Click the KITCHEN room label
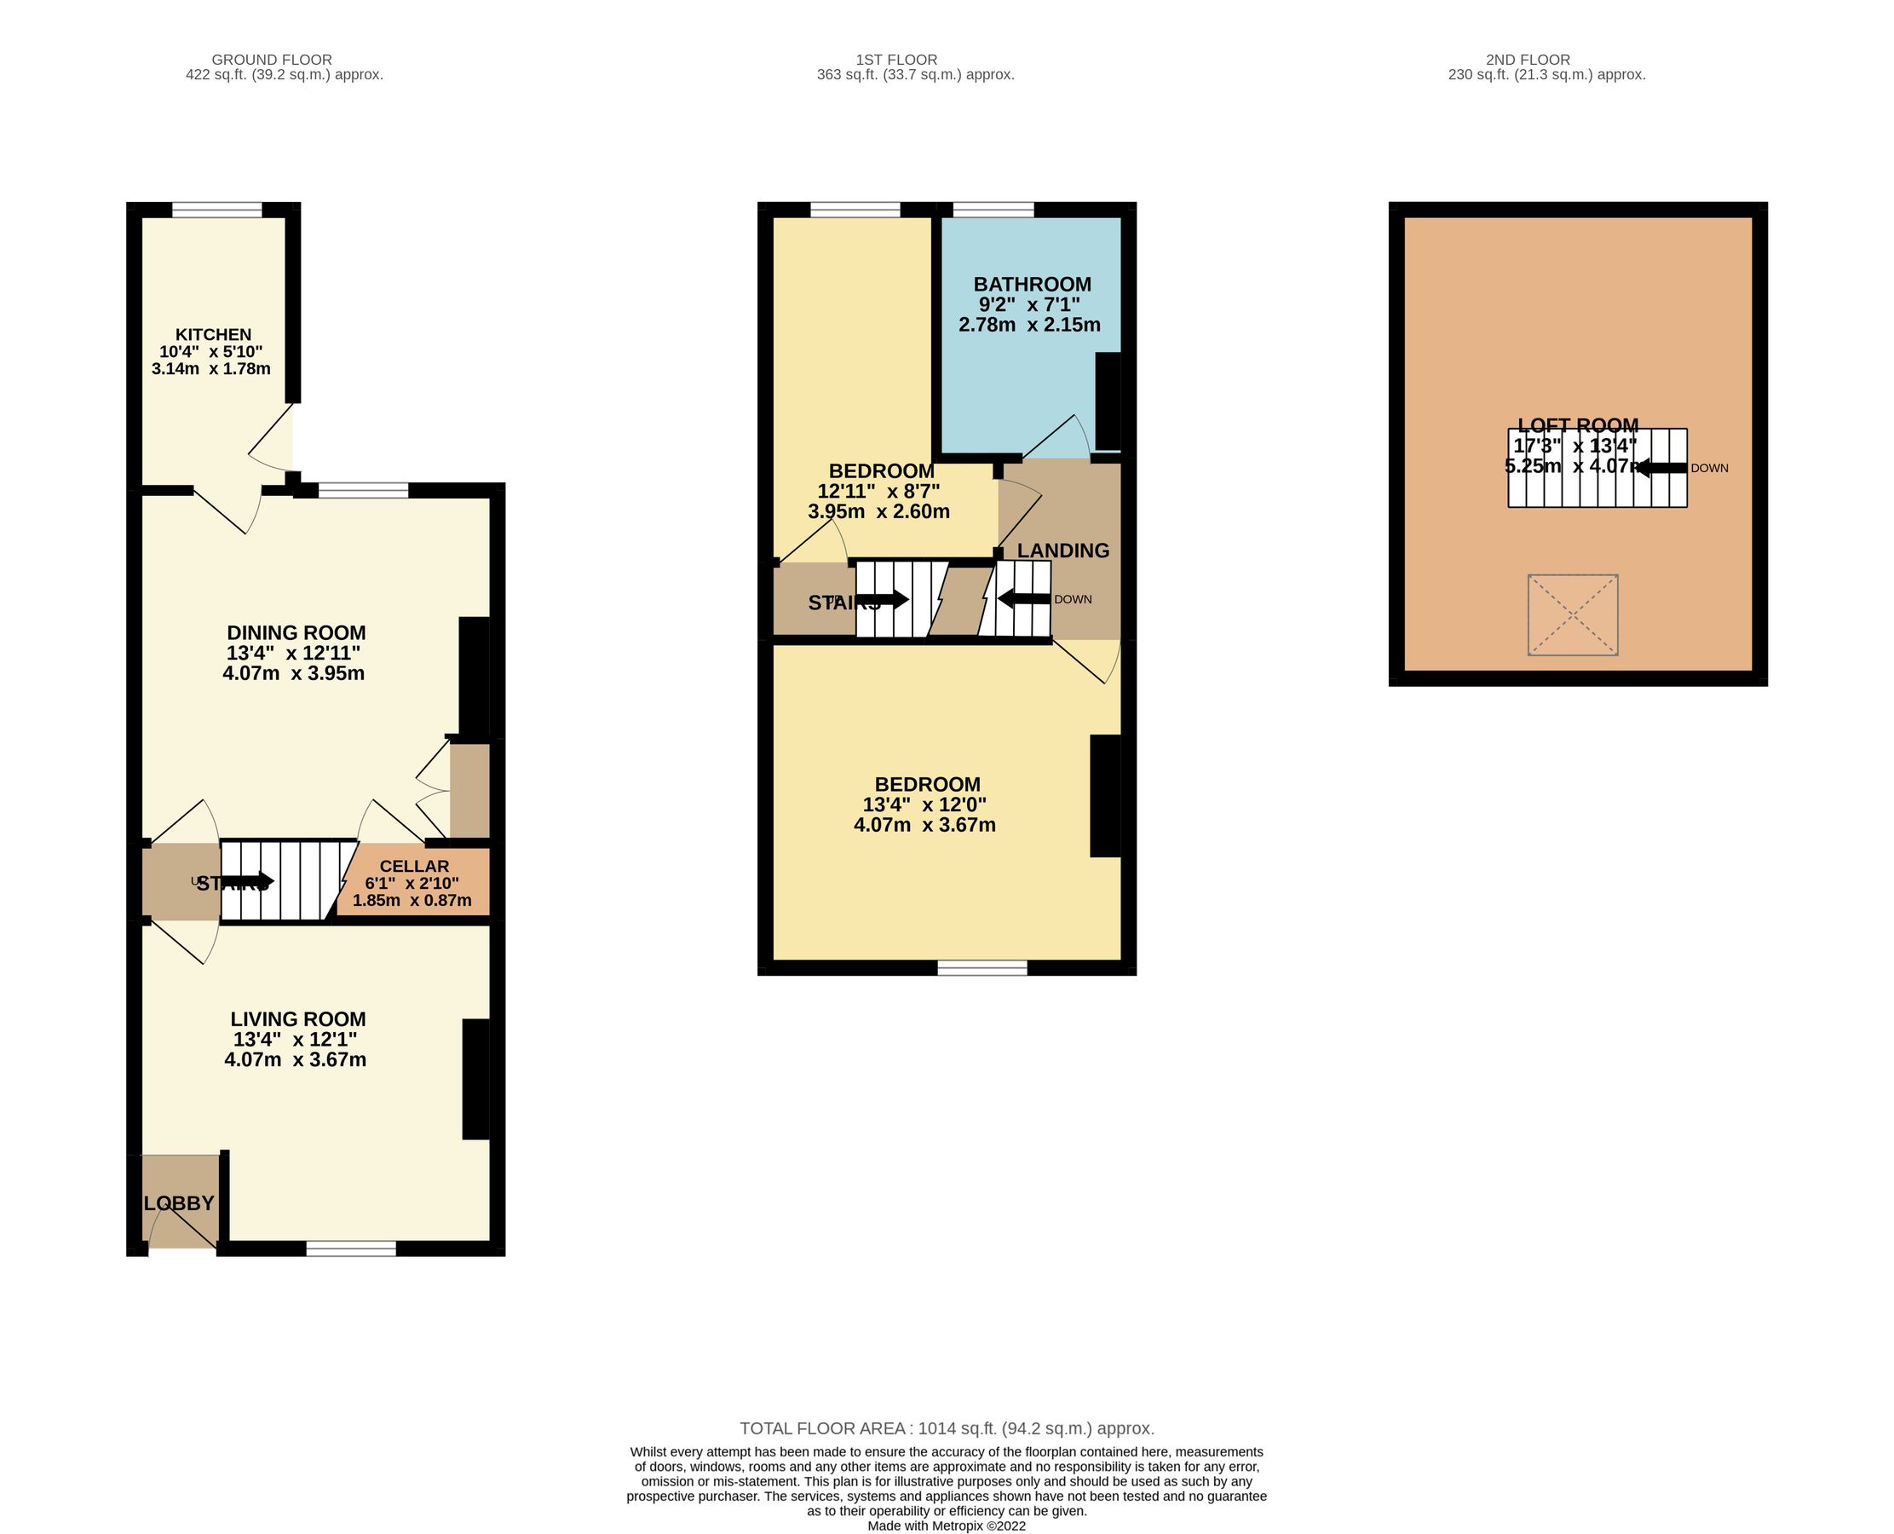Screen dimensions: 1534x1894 point(213,335)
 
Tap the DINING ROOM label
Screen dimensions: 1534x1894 point(296,632)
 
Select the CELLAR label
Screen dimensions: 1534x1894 point(414,867)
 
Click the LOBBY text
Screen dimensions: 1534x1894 point(179,1203)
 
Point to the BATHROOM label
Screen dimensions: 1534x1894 point(1032,285)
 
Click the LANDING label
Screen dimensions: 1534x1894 point(1062,551)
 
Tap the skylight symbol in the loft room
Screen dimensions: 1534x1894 point(1573,615)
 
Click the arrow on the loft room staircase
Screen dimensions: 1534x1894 point(1661,469)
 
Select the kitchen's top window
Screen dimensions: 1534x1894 point(216,210)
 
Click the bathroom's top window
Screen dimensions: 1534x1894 point(993,210)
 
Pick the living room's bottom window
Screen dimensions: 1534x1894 point(351,1248)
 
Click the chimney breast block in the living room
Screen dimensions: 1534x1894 point(476,1079)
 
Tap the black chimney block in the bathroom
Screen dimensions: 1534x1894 point(1108,401)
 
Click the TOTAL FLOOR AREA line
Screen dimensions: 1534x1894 point(946,1429)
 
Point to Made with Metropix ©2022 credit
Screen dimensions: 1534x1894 point(946,1525)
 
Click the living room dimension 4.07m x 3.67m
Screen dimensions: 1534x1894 point(295,1059)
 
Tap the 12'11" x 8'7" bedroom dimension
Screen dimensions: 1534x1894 point(879,491)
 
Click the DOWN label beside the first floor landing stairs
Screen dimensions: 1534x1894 point(1073,599)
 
